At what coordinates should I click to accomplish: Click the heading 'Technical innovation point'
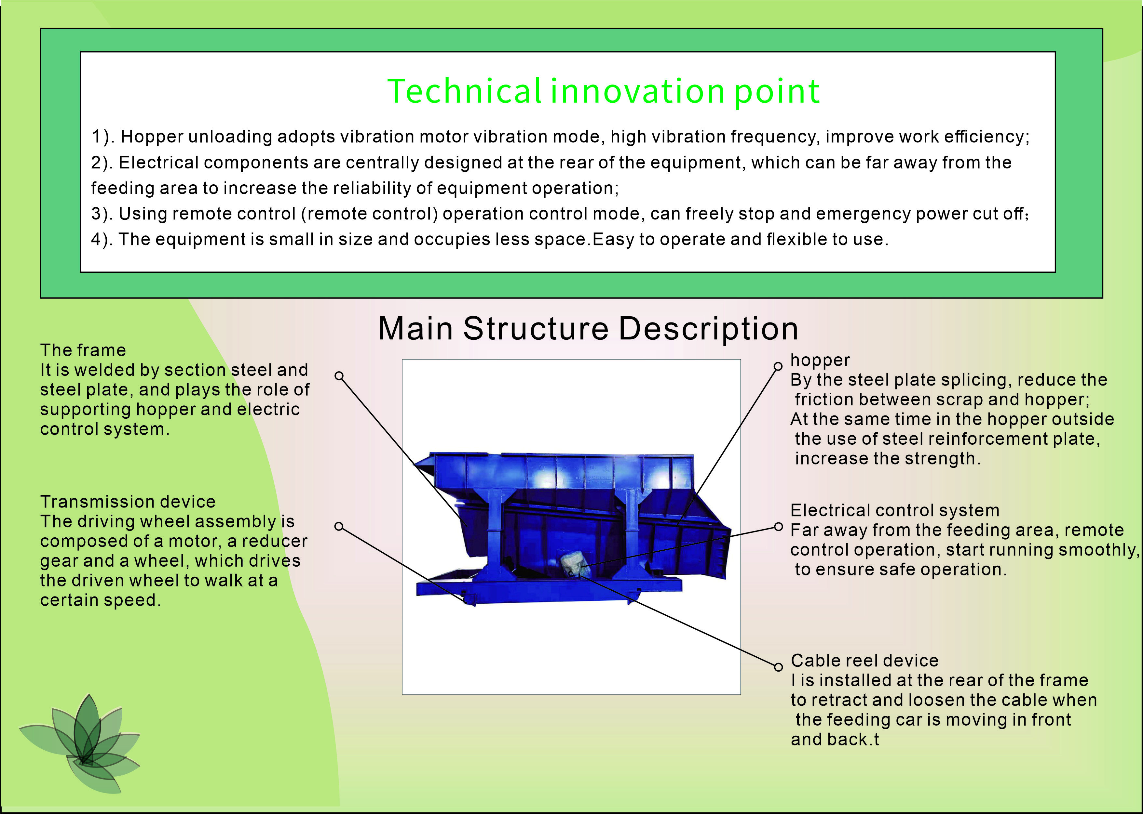point(603,91)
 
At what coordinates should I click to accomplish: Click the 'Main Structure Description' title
point(588,328)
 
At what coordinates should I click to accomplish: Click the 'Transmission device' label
point(128,502)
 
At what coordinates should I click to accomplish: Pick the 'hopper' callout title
point(820,360)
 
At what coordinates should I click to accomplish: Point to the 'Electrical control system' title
point(895,510)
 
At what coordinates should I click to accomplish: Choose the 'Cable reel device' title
point(864,661)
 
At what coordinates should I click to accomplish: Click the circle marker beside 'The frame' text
point(339,375)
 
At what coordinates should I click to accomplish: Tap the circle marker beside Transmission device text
point(339,526)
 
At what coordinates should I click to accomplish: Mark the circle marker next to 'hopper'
point(778,366)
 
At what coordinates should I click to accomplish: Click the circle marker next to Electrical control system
point(778,526)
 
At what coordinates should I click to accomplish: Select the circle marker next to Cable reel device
point(778,667)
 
